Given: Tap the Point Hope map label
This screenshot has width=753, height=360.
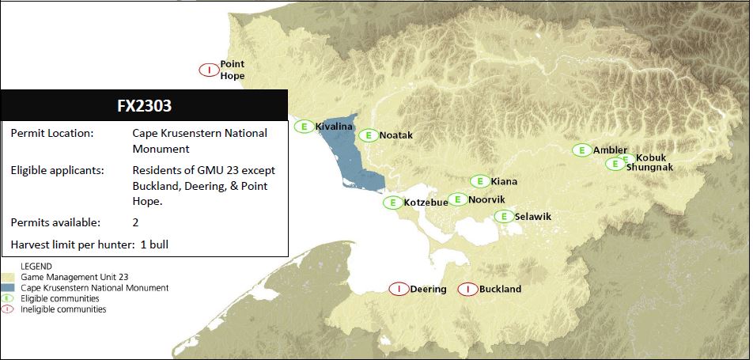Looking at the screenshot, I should coord(232,70).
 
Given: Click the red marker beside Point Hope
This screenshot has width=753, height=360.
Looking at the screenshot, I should coord(208,70).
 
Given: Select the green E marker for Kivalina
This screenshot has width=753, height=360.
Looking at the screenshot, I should coord(304,126).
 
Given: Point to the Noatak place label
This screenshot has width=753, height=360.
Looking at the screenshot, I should coord(395,135).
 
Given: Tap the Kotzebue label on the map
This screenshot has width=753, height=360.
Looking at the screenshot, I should coord(426,203).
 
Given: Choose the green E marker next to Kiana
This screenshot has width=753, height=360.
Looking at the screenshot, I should coord(479,181).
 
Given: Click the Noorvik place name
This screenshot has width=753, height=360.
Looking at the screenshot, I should coord(486,199).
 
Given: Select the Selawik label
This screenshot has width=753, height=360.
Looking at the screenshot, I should coord(532,216).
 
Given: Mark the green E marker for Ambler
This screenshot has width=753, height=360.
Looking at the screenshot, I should coord(581,150).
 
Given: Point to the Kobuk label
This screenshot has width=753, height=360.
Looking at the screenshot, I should coord(651,157).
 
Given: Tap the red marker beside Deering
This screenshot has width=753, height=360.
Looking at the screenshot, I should coord(399,289).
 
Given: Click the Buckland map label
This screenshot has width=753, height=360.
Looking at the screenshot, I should coord(500,289).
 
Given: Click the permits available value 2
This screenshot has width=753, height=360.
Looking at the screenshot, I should coord(136,222).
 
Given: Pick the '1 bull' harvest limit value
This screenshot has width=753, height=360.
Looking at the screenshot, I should coord(154,244).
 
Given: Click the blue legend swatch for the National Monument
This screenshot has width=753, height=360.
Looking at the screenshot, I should coord(9,288).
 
